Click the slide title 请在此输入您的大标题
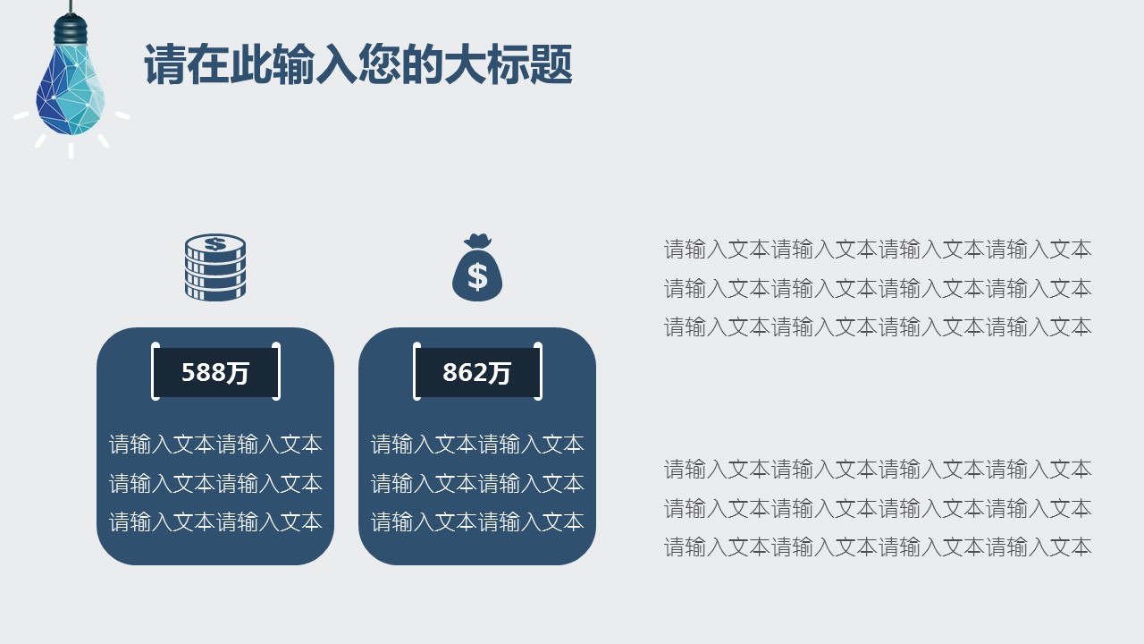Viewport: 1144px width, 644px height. [358, 64]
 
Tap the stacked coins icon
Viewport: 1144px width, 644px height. [215, 267]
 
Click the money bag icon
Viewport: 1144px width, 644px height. [477, 267]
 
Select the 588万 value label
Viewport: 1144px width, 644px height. [215, 372]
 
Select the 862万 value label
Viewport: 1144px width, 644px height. [477, 372]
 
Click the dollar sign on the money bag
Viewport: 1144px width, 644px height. [477, 277]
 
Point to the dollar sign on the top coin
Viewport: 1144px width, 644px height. [215, 244]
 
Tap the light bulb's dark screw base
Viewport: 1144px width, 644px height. [71, 30]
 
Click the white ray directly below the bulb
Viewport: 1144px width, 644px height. [71, 151]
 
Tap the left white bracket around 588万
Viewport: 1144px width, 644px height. [156, 371]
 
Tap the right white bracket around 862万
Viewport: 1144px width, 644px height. [538, 371]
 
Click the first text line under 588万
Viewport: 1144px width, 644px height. [215, 445]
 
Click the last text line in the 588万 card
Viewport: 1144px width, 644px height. [215, 521]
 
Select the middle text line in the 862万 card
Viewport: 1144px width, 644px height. [477, 483]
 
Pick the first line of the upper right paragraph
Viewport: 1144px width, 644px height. [878, 249]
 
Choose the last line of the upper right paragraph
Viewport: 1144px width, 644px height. [878, 326]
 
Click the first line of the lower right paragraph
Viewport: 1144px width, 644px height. [878, 470]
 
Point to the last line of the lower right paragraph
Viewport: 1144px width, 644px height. [878, 547]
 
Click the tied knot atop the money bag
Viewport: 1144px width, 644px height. [477, 241]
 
